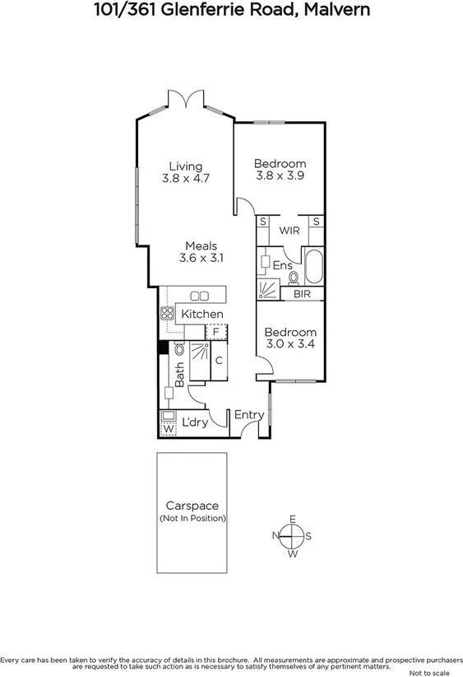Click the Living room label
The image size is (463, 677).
186,166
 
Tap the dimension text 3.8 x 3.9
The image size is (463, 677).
280,175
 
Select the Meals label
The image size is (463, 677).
201,245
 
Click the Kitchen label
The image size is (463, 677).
202,314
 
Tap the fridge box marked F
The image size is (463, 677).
215,332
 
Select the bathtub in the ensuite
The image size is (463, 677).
313,267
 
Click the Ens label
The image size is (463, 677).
282,265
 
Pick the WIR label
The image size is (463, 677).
289,231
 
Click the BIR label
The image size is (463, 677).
303,293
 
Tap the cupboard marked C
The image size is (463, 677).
219,361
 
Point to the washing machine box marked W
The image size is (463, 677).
168,428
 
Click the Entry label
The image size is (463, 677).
249,414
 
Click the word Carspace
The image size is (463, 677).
192,506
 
